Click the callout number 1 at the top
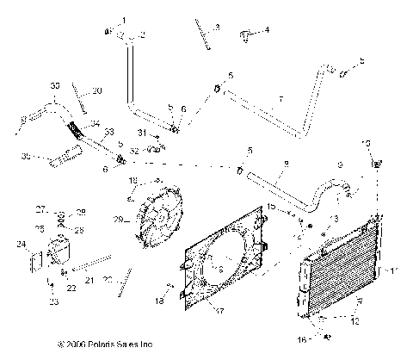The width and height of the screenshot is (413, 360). pyautogui.click(x=123, y=19)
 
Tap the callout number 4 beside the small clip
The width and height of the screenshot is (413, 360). pyautogui.click(x=267, y=30)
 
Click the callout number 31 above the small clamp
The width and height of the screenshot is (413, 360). pyautogui.click(x=143, y=132)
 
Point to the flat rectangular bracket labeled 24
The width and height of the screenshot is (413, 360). pyautogui.click(x=37, y=264)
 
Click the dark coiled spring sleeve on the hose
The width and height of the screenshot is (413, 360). pyautogui.click(x=77, y=133)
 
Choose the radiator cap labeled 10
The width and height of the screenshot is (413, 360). pyautogui.click(x=376, y=162)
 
